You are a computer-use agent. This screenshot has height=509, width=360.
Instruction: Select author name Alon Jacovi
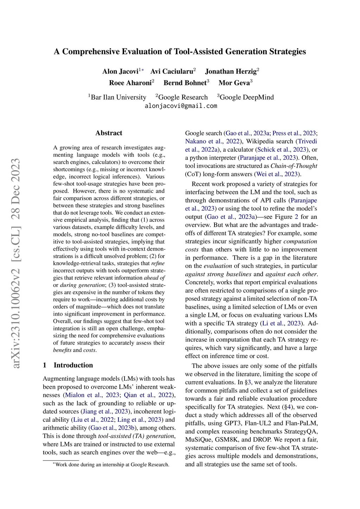pos(120,71)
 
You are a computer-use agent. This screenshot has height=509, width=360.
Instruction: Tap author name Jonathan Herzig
pos(231,71)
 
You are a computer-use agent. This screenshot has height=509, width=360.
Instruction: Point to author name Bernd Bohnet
pos(185,83)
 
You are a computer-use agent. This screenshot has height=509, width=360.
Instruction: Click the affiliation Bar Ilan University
pos(118,97)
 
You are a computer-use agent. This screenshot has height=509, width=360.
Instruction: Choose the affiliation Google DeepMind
pos(246,97)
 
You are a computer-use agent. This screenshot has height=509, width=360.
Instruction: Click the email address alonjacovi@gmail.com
pos(181,106)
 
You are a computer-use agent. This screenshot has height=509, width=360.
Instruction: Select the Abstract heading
pos(109,133)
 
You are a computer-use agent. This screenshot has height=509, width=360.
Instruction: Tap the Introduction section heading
pos(73,365)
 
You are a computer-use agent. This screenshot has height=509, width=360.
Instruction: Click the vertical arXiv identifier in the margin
pos(16,264)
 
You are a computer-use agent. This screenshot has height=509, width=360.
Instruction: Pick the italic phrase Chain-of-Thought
pos(294,166)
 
